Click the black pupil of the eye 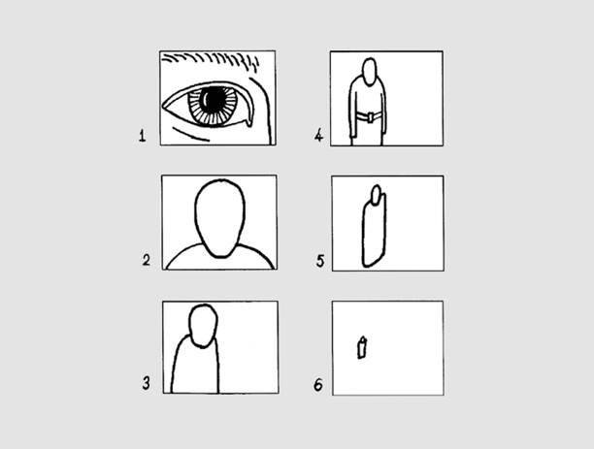tap(214, 100)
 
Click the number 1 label tap(142, 136)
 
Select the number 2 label tap(147, 260)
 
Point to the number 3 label tap(147, 383)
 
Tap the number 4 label tap(319, 135)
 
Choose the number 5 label tap(320, 261)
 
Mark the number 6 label tap(318, 385)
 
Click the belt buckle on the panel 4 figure tap(370, 117)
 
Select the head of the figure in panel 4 tap(370, 72)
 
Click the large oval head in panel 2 tap(219, 218)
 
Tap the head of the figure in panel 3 tap(203, 326)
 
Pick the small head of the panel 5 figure tap(377, 195)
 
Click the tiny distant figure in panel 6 tap(362, 347)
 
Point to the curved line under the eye tap(190, 135)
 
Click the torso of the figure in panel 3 tap(195, 369)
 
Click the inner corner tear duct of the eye tap(248, 122)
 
